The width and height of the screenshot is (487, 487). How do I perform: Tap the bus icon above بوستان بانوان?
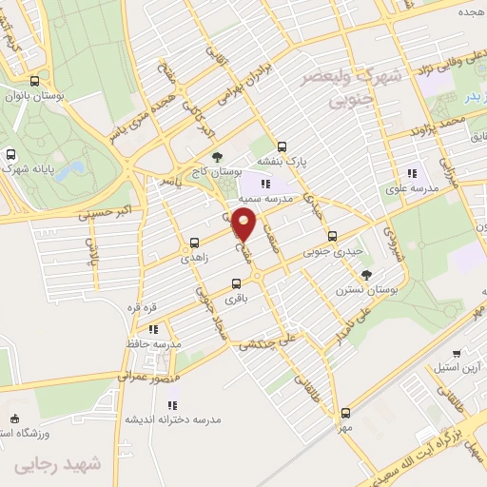(x=35, y=82)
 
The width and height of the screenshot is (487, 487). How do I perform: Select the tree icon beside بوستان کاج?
(x=220, y=155)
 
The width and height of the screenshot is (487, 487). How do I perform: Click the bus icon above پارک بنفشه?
(x=281, y=146)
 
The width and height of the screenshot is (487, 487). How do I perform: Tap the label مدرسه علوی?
(x=411, y=188)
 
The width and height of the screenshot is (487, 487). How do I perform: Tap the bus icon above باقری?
(x=237, y=283)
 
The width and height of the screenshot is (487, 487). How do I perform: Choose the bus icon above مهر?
(x=345, y=413)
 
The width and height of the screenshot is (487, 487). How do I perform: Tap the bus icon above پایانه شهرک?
(x=11, y=154)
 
